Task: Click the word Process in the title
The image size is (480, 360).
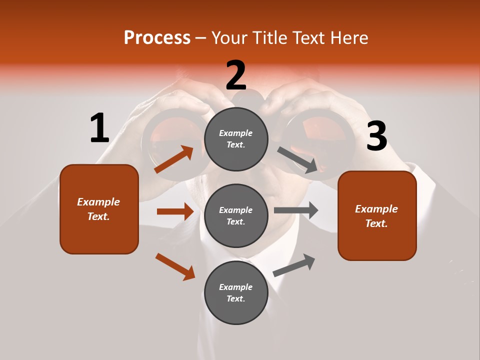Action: [x=157, y=38]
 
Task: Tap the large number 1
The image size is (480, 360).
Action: [x=99, y=128]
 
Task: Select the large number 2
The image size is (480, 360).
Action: [x=236, y=75]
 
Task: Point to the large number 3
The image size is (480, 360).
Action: [x=376, y=136]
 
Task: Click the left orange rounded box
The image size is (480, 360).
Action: [x=99, y=209]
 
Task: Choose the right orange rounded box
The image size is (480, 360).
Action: [x=377, y=215]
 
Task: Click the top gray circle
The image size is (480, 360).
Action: [x=236, y=138]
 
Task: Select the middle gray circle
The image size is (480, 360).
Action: [x=236, y=215]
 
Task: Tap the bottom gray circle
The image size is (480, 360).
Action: [x=236, y=292]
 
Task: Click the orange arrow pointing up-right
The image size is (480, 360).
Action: [x=174, y=159]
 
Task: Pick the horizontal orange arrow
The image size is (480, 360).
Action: [x=175, y=211]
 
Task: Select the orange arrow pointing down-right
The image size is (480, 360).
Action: [x=175, y=266]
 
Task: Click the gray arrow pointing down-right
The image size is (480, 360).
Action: [x=297, y=160]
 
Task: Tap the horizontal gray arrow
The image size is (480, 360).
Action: [x=296, y=210]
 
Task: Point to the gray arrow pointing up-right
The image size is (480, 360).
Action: [x=294, y=265]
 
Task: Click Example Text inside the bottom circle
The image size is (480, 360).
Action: [x=236, y=293]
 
